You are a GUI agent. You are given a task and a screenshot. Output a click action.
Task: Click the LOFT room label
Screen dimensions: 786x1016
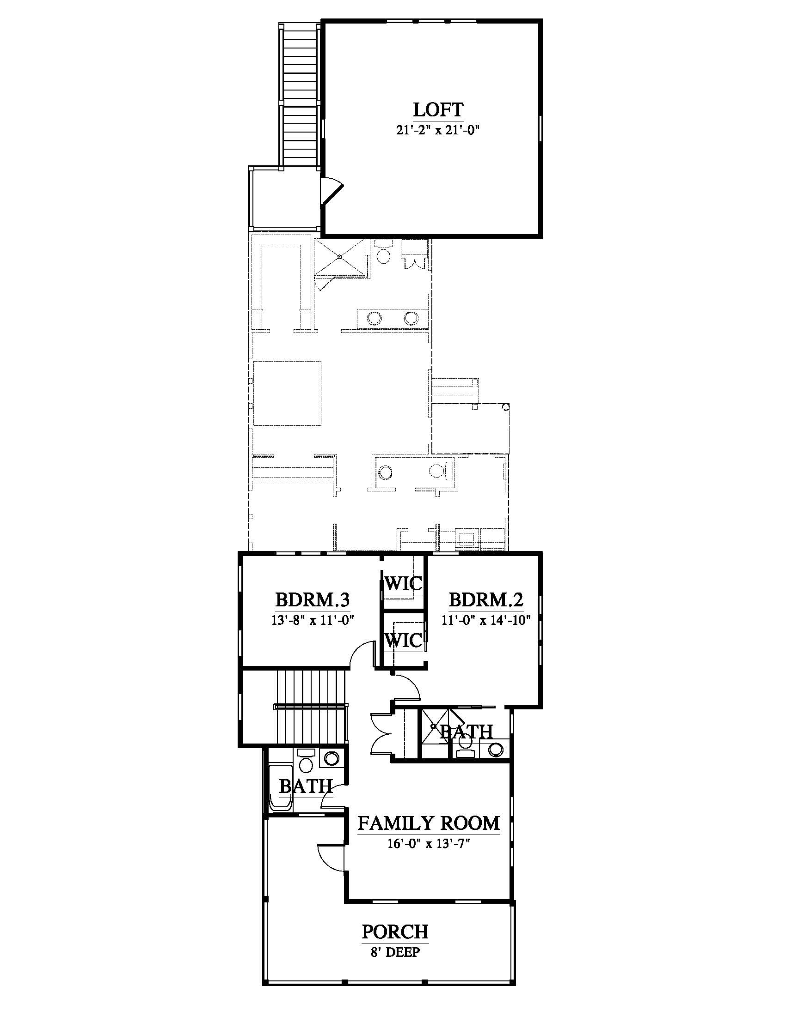pyautogui.click(x=438, y=110)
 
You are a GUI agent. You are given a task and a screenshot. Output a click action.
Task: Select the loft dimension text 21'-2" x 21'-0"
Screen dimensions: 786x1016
pyautogui.click(x=438, y=131)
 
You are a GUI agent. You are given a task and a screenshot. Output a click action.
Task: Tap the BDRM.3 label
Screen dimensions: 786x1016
pyautogui.click(x=313, y=599)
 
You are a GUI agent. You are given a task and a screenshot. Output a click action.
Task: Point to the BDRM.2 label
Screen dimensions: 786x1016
pyautogui.click(x=486, y=599)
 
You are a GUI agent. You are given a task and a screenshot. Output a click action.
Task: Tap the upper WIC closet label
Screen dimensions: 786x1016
pyautogui.click(x=403, y=583)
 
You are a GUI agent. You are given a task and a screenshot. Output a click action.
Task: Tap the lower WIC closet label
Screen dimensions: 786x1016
pyautogui.click(x=403, y=641)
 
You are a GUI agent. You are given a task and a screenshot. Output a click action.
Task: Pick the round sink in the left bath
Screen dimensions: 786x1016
pyautogui.click(x=332, y=759)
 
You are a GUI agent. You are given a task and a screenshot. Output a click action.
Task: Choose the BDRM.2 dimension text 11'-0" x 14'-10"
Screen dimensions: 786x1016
pyautogui.click(x=486, y=620)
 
